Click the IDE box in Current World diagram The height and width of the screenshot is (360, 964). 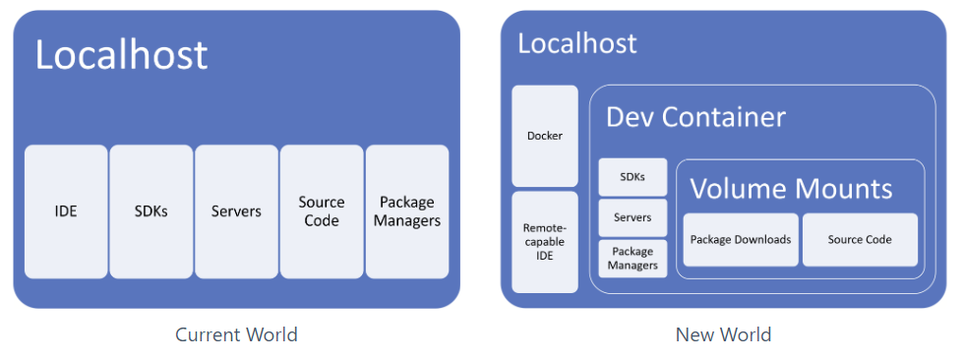click(x=66, y=211)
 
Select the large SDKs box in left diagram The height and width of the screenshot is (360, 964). click(x=151, y=211)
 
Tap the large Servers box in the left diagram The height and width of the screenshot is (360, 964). click(x=236, y=211)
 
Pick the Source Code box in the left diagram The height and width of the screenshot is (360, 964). click(x=322, y=211)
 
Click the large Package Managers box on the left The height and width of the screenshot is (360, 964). click(x=407, y=211)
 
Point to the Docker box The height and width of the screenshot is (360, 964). click(x=545, y=136)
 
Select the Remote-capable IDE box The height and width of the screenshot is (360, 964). click(x=545, y=242)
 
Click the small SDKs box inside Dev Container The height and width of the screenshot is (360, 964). click(x=633, y=177)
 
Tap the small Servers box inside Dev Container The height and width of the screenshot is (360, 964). click(x=633, y=217)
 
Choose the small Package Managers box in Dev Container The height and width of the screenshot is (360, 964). click(x=633, y=258)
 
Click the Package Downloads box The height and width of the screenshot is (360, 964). click(x=740, y=239)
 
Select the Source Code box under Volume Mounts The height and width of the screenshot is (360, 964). click(x=860, y=239)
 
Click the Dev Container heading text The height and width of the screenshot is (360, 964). click(x=695, y=117)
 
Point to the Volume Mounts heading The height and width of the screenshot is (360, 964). click(x=791, y=188)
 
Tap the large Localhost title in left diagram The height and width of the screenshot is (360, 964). click(x=121, y=54)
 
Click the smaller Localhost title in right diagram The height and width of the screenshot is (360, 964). click(x=576, y=43)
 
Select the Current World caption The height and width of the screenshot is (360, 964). click(x=236, y=334)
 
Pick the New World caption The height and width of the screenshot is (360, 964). click(x=723, y=334)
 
